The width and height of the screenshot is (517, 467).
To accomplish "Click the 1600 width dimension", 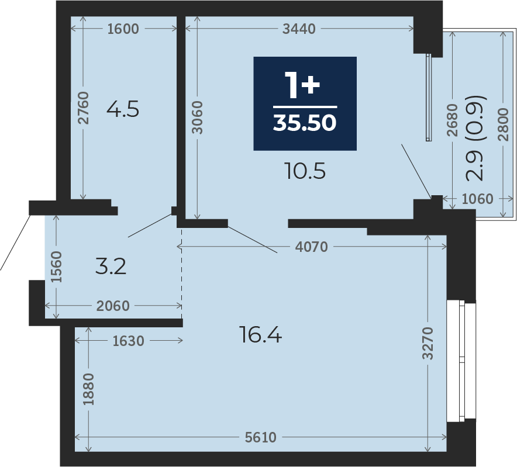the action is point(123,29).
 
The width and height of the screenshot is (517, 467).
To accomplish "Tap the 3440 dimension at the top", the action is point(299,29).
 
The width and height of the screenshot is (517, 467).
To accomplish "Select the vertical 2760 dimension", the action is point(84,108).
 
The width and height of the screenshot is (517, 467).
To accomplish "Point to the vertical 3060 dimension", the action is point(197,117).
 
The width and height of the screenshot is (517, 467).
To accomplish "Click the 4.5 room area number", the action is point(123,109).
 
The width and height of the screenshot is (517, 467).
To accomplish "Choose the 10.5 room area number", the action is point(306,171).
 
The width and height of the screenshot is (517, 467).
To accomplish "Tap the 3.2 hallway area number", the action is point(111,267).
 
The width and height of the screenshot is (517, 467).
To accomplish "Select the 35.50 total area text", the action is point(305,123).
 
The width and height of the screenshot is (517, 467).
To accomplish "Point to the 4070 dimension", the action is point(311,247).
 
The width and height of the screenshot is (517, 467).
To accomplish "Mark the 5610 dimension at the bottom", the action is point(260,437).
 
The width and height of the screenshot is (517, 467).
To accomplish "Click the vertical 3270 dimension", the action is point(428,343).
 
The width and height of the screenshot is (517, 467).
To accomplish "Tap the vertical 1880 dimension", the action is point(88,389).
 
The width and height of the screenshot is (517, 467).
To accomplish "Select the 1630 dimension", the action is point(128,341).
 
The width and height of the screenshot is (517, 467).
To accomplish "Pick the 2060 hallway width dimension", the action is point(113,306).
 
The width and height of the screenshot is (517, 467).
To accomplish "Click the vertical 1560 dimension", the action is point(56,267).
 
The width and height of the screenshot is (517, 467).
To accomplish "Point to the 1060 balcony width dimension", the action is point(477,199).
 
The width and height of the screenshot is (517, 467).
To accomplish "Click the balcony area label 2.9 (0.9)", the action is point(475,139).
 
